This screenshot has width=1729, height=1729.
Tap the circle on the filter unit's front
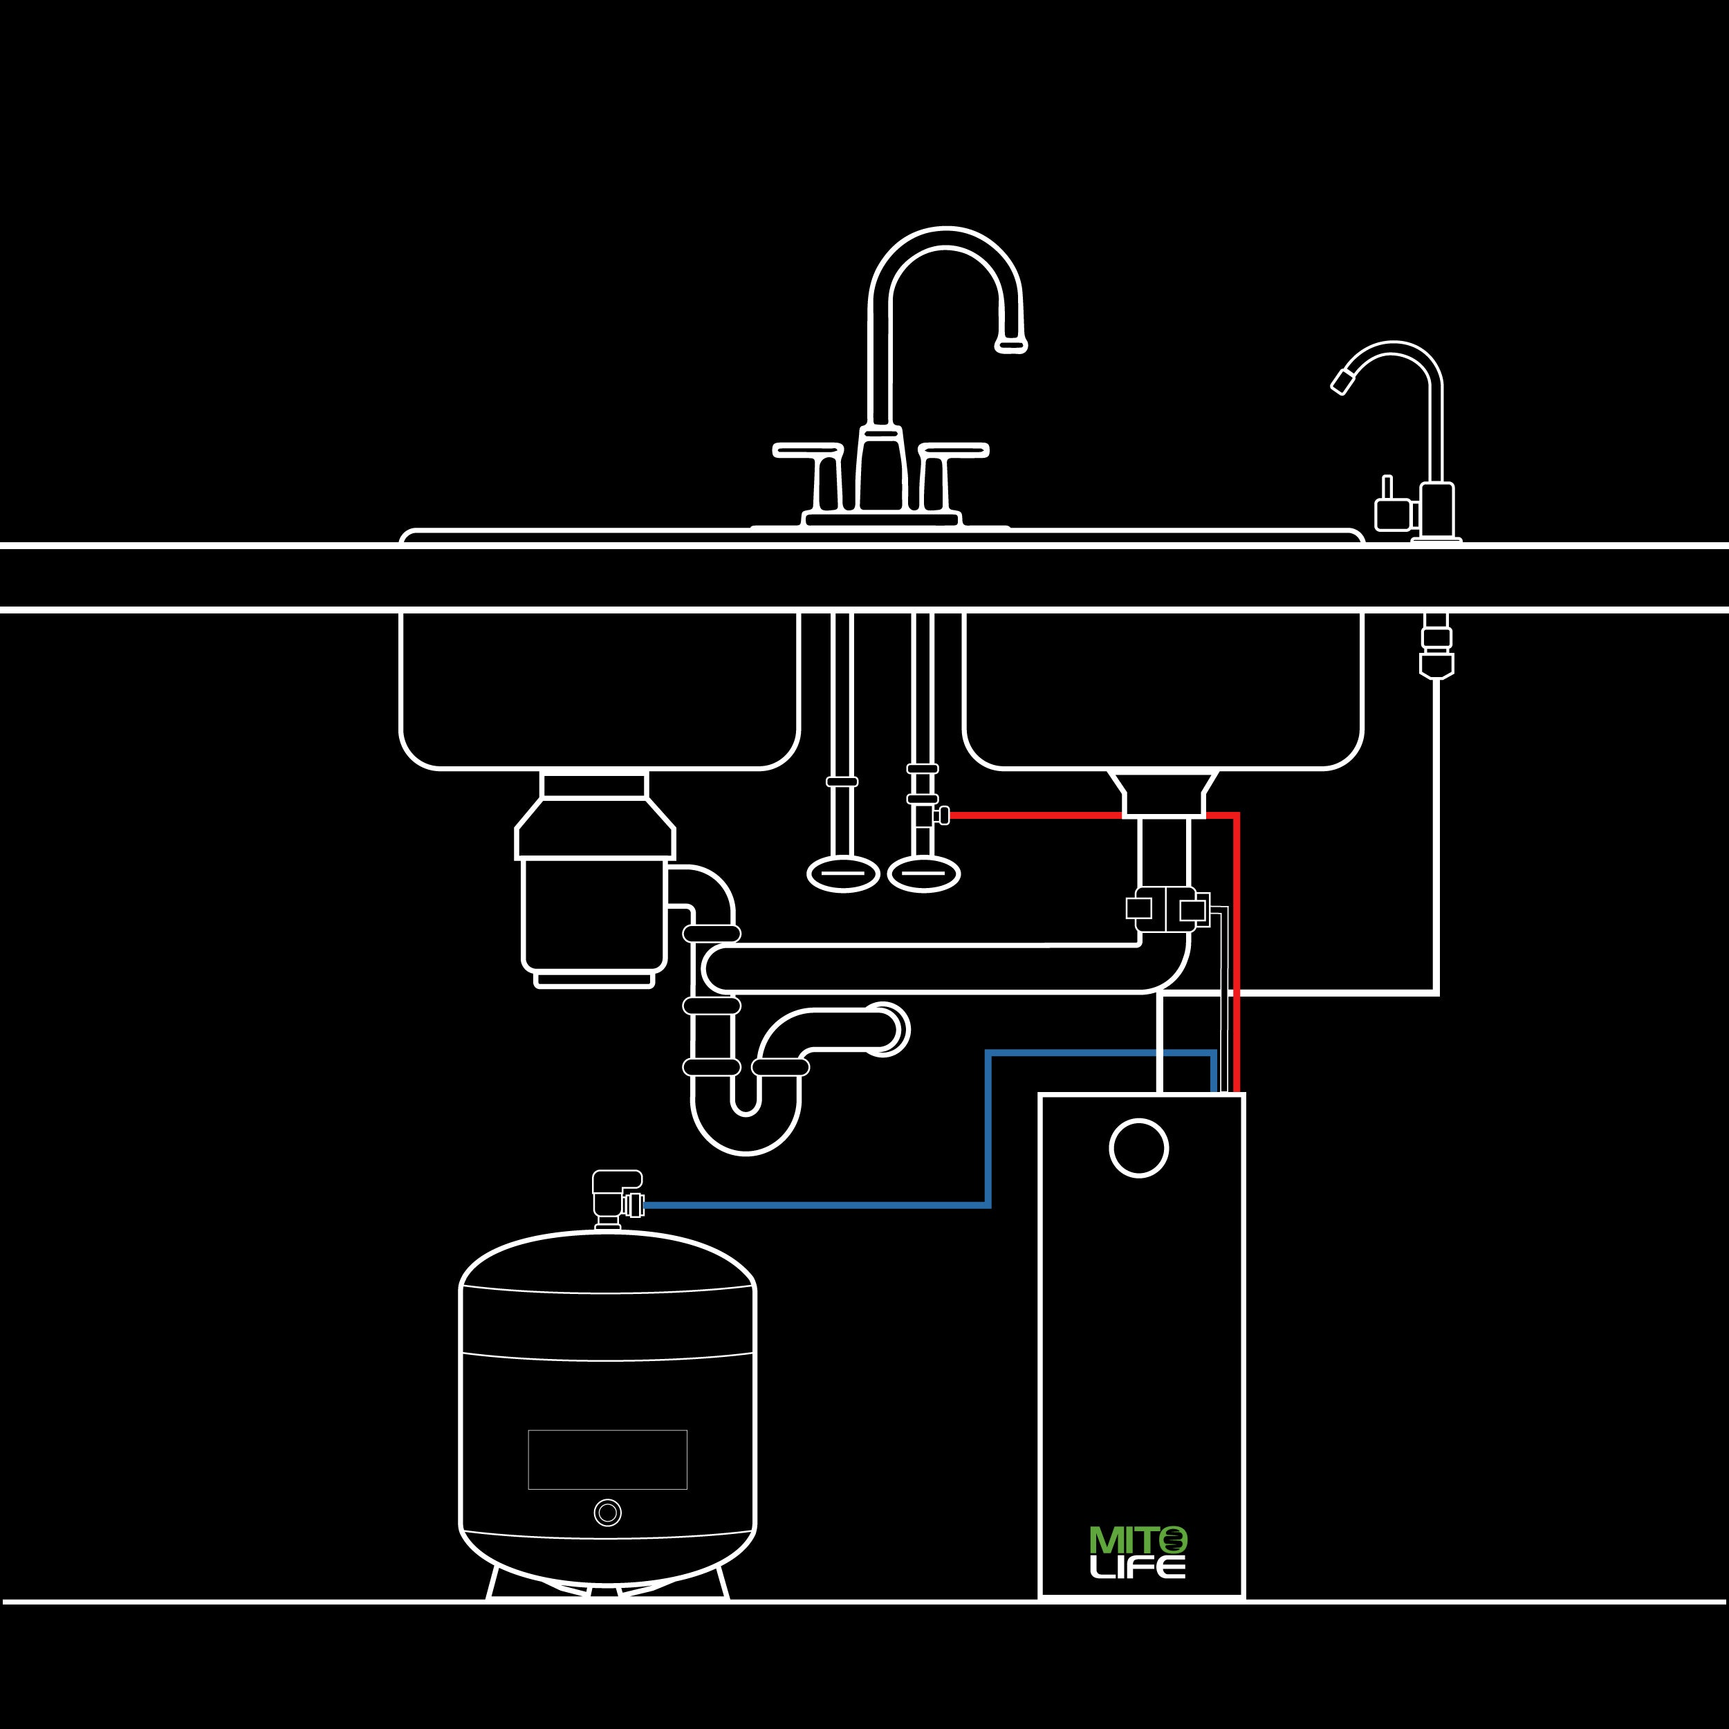click(1138, 1148)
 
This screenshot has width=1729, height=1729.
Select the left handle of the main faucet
click(807, 450)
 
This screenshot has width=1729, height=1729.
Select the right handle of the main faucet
click(954, 450)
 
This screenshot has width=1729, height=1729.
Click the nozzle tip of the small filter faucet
click(1342, 382)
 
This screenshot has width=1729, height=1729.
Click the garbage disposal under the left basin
click(594, 904)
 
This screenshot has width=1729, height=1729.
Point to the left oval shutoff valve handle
click(843, 874)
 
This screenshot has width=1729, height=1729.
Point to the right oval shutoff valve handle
click(923, 874)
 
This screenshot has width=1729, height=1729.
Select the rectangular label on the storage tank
click(608, 1460)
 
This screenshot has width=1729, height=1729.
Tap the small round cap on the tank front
click(608, 1513)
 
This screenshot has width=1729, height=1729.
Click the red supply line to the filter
click(1237, 949)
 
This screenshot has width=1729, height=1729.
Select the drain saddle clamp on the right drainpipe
click(1167, 909)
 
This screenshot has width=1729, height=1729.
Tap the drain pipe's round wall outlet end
click(884, 1030)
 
